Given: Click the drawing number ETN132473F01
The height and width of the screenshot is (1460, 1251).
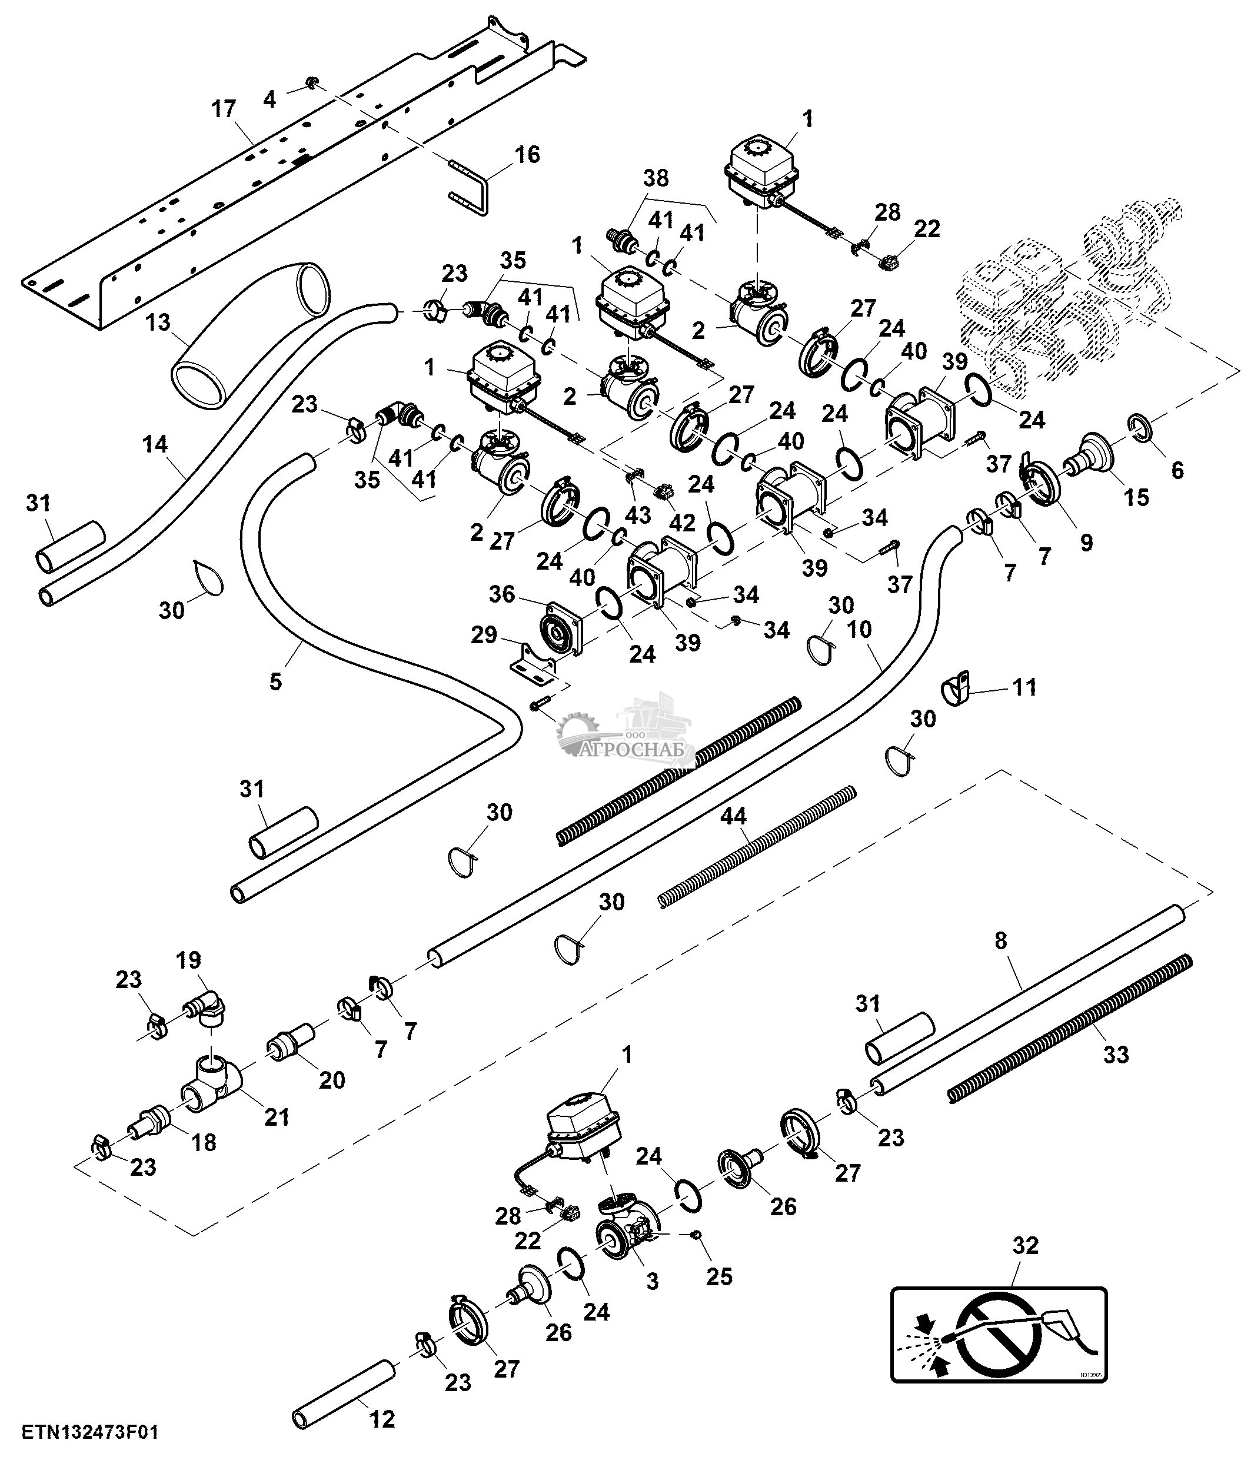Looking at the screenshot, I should point(90,1432).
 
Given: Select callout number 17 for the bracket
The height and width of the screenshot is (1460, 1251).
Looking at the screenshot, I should point(224,110).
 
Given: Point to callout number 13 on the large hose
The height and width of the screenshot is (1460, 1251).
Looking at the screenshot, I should point(158,322).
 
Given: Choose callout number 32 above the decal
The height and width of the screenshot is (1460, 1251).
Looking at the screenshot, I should point(1025,1246).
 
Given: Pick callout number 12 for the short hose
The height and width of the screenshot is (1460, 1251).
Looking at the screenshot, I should point(382,1418).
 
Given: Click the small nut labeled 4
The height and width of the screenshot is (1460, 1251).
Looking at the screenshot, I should point(310,85).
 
